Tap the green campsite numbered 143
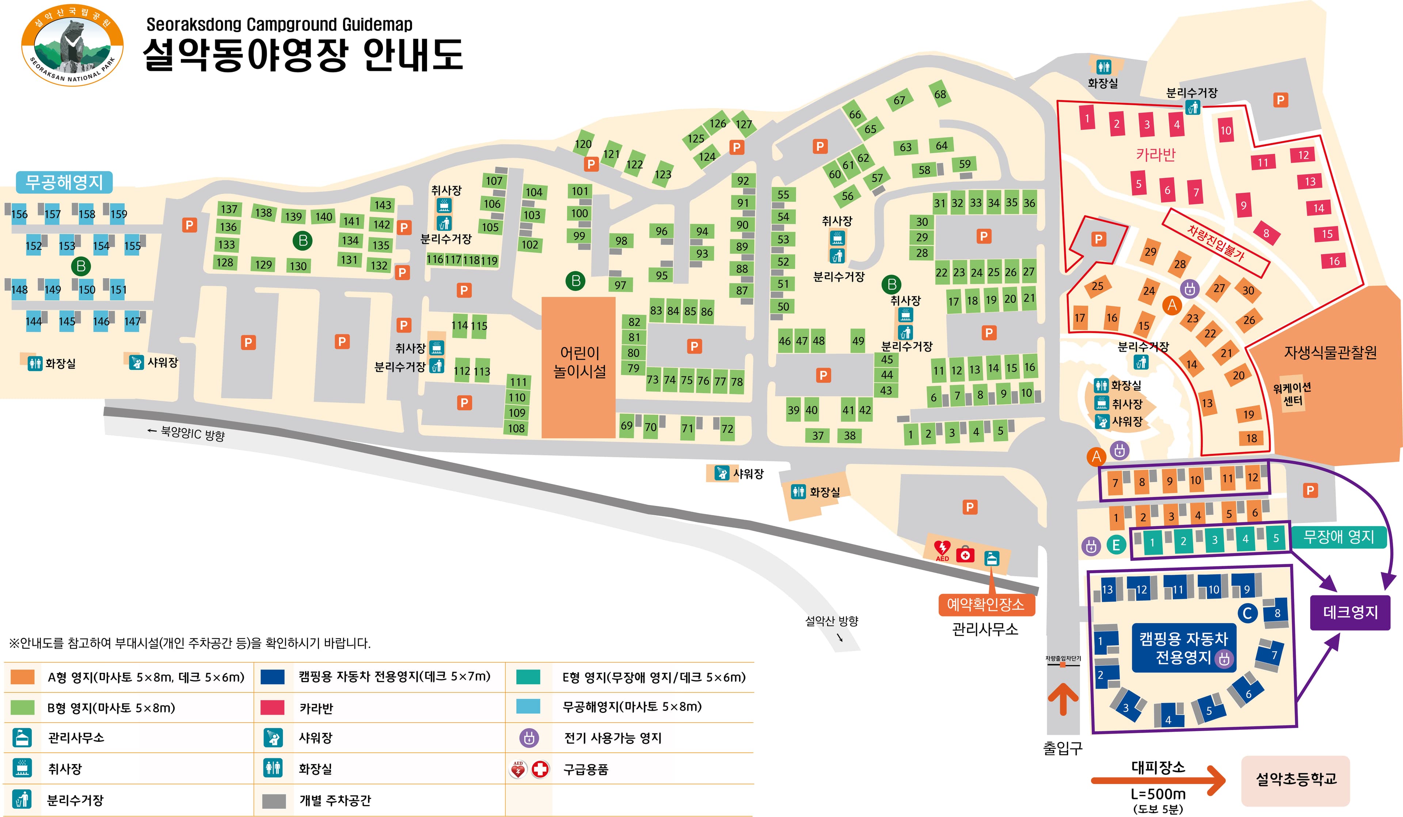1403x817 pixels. [x=383, y=205]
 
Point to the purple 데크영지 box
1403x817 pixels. [x=1350, y=612]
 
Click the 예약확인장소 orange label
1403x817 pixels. [x=986, y=604]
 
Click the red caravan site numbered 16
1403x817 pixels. [x=1334, y=261]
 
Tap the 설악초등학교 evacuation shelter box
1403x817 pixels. [x=1296, y=779]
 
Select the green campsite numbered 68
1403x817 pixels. [x=940, y=94]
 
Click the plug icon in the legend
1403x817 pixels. [x=529, y=738]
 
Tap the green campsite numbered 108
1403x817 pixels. [x=516, y=428]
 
